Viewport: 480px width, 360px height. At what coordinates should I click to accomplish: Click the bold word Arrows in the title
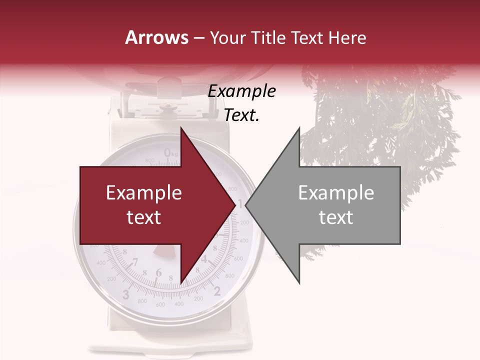tap(156, 37)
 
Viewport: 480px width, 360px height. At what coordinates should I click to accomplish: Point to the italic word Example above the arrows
tap(242, 91)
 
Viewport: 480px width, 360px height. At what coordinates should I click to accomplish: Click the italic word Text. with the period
tap(242, 115)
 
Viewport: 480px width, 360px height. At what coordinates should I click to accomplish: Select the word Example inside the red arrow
tap(144, 193)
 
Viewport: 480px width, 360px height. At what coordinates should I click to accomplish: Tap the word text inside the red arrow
tap(144, 217)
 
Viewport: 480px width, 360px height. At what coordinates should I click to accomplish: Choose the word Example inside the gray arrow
tap(336, 193)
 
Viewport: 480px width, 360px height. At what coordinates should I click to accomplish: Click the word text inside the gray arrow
tap(336, 217)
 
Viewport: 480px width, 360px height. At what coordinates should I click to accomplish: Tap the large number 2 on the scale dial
tap(217, 291)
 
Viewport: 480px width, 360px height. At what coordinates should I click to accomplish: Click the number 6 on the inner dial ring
tap(158, 272)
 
